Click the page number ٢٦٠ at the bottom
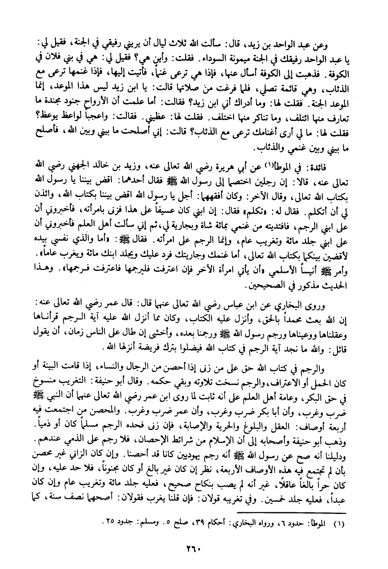[194, 548]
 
